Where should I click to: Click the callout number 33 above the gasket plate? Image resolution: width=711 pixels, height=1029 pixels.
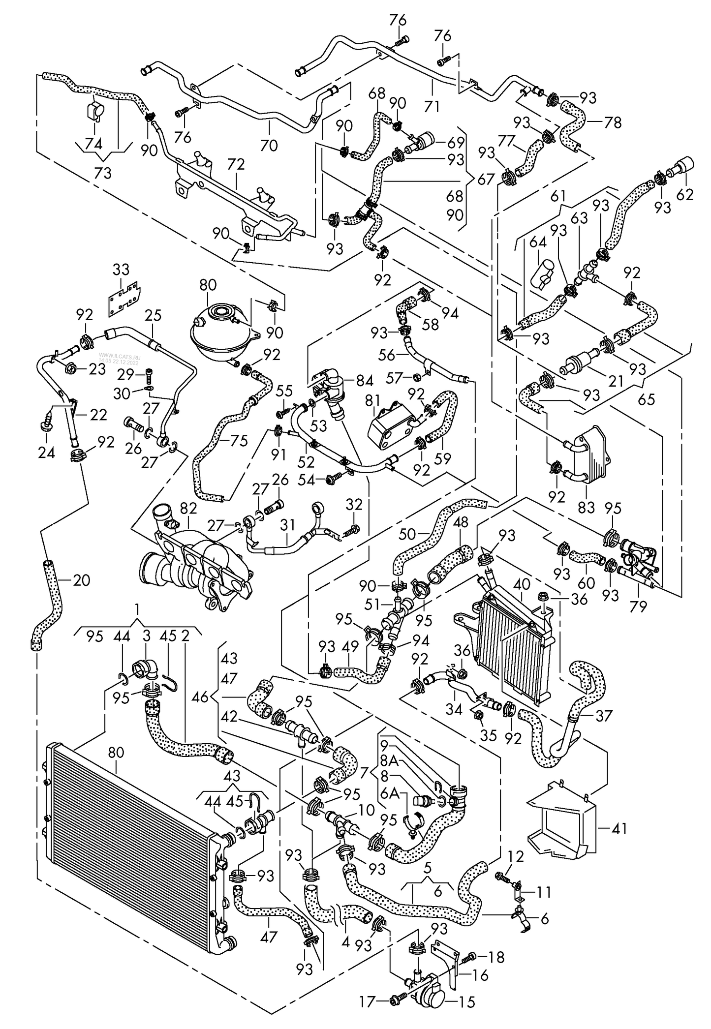(121, 270)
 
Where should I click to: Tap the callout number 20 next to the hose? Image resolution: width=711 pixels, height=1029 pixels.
(81, 580)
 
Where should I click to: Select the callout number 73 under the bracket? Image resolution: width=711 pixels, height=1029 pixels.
(103, 173)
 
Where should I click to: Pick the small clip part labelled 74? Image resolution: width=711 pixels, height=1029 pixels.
(93, 112)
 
